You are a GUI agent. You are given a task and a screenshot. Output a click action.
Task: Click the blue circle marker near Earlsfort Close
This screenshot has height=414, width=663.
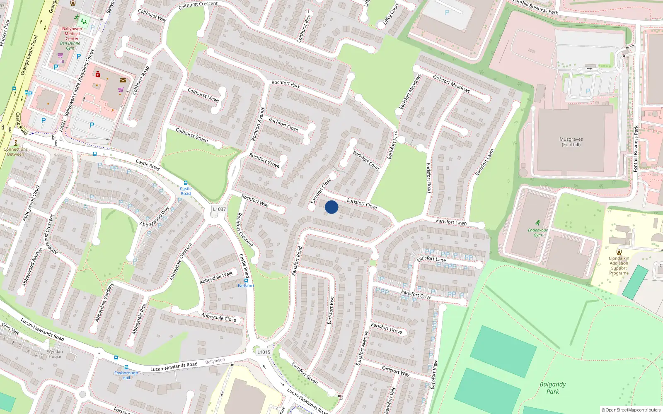[x=331, y=207]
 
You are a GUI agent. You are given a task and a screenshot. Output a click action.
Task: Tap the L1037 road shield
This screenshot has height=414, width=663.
[x=219, y=209]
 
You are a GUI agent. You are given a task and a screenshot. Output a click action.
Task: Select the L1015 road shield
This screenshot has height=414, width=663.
[x=264, y=352]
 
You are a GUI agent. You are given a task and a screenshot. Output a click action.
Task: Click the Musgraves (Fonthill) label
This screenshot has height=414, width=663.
[x=571, y=142]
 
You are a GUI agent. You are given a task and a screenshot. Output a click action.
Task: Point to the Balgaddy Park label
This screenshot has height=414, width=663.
[x=552, y=388]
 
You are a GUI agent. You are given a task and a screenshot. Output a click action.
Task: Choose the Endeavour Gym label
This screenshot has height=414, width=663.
[x=537, y=233]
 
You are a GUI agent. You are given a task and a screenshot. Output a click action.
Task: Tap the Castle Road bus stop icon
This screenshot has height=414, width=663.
[x=186, y=183]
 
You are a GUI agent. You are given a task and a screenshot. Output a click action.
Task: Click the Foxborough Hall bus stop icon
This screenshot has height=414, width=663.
[x=126, y=367]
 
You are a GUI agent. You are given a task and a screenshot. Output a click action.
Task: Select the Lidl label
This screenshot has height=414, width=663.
[x=60, y=62]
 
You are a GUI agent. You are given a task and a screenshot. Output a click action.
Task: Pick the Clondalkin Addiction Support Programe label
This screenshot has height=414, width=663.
[x=619, y=265]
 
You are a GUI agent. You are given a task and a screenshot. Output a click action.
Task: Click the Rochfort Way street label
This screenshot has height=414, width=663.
[x=255, y=201]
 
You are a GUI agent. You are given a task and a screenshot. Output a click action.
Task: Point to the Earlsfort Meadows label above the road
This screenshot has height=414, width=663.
[x=451, y=83]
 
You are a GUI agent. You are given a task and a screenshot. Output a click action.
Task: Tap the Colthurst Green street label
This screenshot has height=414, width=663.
[x=191, y=135]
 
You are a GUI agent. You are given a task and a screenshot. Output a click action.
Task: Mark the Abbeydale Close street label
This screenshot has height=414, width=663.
[x=218, y=318]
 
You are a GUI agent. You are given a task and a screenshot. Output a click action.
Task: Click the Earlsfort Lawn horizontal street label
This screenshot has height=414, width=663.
[x=451, y=222]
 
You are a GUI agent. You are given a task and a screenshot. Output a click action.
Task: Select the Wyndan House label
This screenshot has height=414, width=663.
[x=55, y=354]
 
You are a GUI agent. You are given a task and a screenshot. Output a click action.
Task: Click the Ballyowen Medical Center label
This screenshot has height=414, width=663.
[x=72, y=34]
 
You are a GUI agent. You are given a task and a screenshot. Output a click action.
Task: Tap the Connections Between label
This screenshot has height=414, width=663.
[x=16, y=152]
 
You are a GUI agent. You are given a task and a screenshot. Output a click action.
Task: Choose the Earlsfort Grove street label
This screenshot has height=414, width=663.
[x=386, y=328]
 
